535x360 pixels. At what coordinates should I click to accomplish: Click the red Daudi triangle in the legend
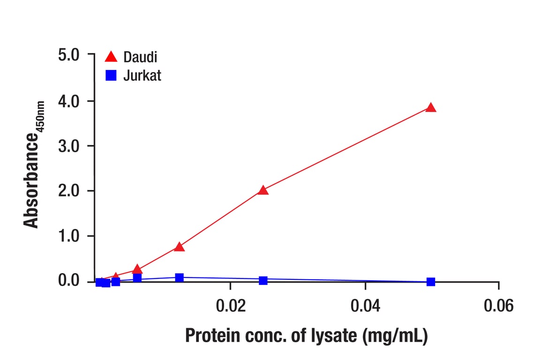[x=111, y=57]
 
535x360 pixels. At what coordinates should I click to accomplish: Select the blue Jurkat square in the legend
[x=111, y=75]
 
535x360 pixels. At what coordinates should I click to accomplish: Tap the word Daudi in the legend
[x=140, y=57]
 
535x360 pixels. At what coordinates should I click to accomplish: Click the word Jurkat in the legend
[x=142, y=75]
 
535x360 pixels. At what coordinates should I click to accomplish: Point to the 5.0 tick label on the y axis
[x=70, y=55]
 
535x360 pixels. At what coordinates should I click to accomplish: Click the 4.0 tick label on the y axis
[x=70, y=101]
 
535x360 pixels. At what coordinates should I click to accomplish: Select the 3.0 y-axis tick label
[x=70, y=146]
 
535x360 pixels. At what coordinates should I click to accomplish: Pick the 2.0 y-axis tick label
[x=70, y=191]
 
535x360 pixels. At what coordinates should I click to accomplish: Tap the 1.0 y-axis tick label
[x=70, y=236]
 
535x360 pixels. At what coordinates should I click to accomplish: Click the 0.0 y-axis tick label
[x=70, y=281]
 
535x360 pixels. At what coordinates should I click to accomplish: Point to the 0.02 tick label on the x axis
[x=230, y=307]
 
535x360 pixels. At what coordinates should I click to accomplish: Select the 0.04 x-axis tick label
[x=365, y=307]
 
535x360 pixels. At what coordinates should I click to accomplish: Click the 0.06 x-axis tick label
[x=498, y=307]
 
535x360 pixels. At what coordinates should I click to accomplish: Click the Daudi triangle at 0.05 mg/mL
[x=431, y=108]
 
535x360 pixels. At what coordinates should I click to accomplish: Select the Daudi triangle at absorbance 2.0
[x=263, y=190]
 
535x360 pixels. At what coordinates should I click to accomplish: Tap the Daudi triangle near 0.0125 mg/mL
[x=179, y=247]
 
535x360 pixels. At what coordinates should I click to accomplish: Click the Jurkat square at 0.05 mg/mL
[x=431, y=282]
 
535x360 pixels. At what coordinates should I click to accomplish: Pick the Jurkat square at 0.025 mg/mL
[x=263, y=280]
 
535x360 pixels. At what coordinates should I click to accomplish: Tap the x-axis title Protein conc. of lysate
[x=306, y=336]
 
